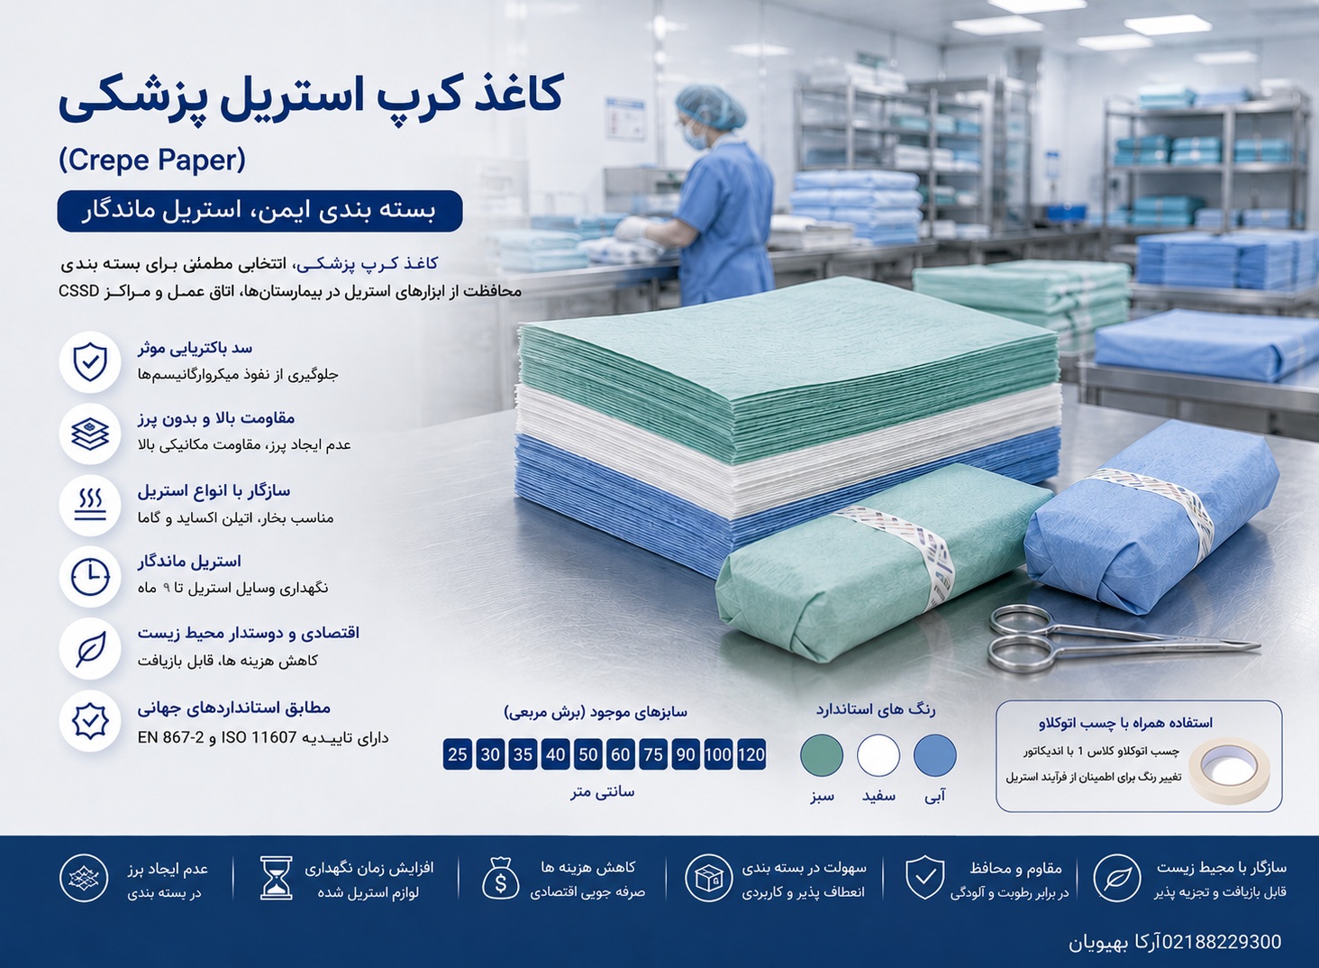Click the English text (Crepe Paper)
(152, 160)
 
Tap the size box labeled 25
(458, 754)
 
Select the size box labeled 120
(751, 754)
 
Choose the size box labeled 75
(653, 754)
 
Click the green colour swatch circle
(822, 755)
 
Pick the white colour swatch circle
(878, 755)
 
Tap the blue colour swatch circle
(935, 755)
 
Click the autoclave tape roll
(1229, 771)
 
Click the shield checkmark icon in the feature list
(89, 361)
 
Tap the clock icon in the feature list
(89, 576)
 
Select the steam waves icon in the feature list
(89, 506)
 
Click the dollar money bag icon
(501, 878)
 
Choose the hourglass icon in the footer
(277, 878)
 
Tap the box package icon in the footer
(709, 878)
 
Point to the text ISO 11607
(260, 737)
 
